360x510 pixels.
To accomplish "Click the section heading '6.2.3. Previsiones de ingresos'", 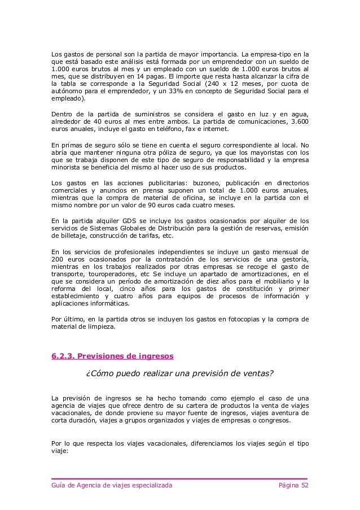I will [x=112, y=356].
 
